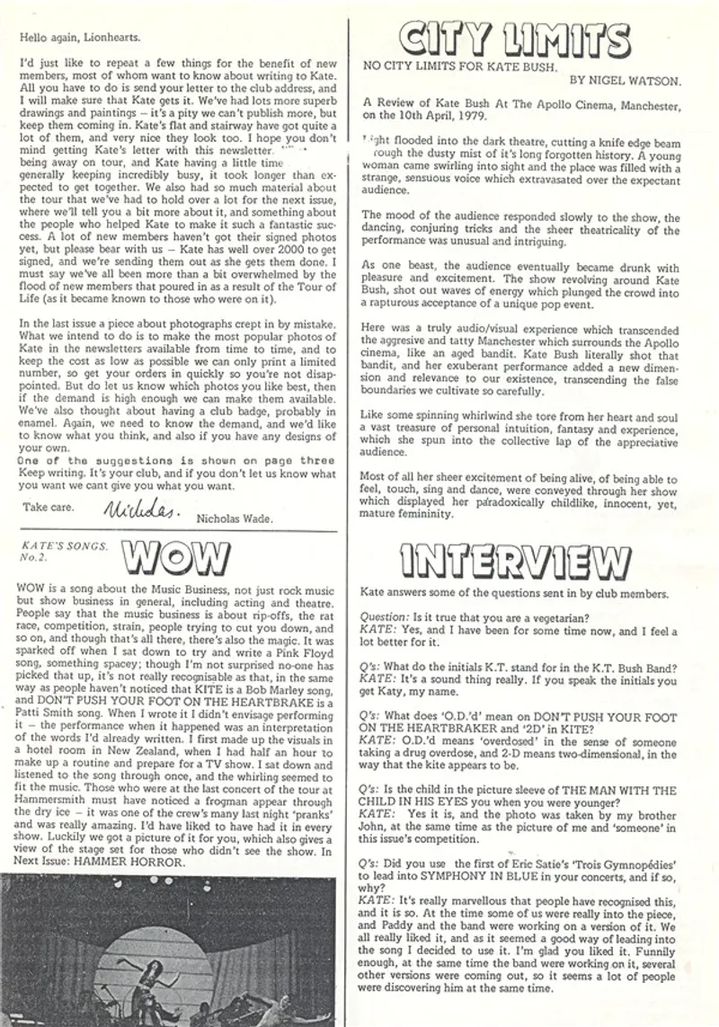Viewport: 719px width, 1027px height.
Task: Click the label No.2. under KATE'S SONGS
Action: pos(31,557)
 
